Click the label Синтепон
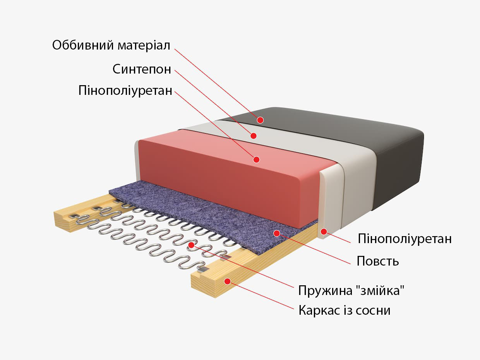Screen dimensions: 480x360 142,69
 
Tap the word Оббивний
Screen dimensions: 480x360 83,45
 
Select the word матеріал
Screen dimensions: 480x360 144,46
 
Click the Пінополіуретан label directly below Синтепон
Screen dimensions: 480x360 125,91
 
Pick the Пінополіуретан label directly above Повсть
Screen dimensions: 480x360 405,238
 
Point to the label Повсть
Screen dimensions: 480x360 378,261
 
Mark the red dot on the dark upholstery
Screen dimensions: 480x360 260,120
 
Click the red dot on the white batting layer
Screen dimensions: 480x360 254,136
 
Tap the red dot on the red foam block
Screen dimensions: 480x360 257,159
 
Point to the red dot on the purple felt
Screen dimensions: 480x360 277,233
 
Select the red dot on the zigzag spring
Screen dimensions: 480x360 191,245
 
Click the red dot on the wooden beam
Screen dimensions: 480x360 228,281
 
